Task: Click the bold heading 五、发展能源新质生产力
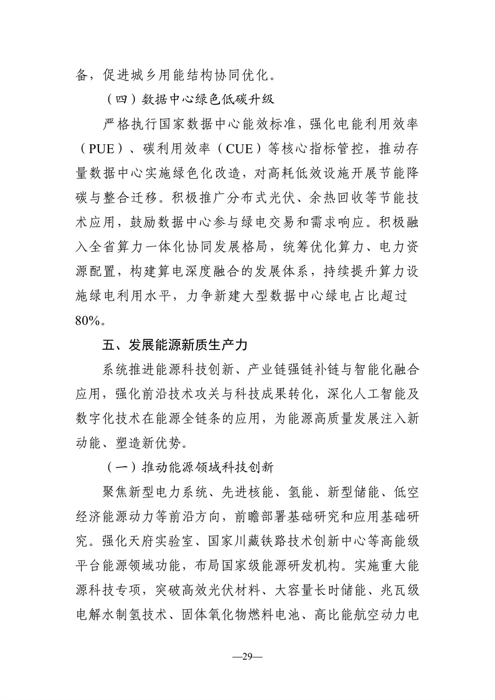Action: (175, 345)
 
